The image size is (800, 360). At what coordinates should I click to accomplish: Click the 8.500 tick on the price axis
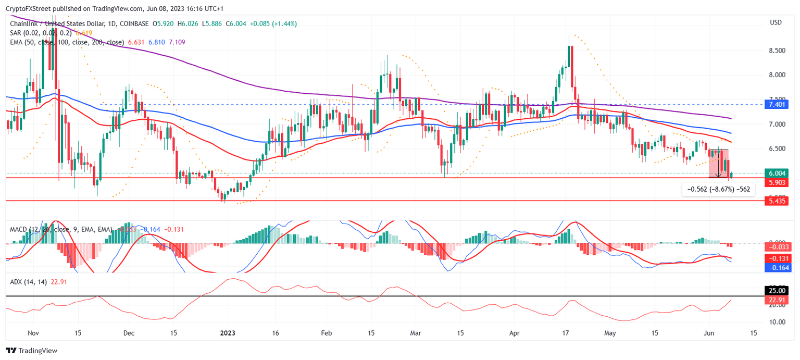point(778,51)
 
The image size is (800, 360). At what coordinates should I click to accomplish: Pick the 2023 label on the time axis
point(228,332)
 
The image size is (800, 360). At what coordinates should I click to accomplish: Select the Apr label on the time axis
point(515,332)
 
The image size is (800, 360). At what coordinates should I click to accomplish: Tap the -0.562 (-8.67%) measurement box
point(718,190)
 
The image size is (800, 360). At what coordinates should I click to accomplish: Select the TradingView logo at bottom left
point(32,351)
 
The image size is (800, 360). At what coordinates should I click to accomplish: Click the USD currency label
point(776,22)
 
